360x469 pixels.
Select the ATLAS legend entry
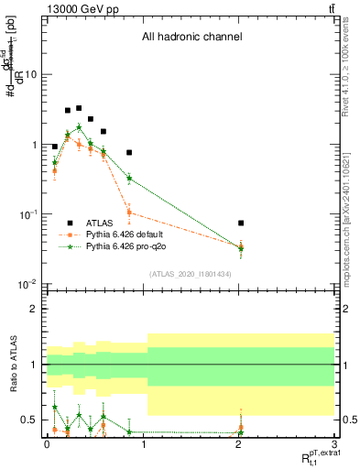point(93,223)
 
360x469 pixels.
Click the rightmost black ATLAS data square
point(241,223)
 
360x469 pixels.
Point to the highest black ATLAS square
point(79,108)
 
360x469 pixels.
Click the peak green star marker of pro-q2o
point(79,127)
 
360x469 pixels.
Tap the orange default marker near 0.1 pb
point(129,213)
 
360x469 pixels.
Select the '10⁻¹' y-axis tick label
point(31,215)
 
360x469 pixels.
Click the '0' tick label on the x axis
point(47,443)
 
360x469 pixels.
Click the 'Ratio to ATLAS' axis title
point(13,364)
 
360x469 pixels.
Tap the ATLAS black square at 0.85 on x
point(129,152)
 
